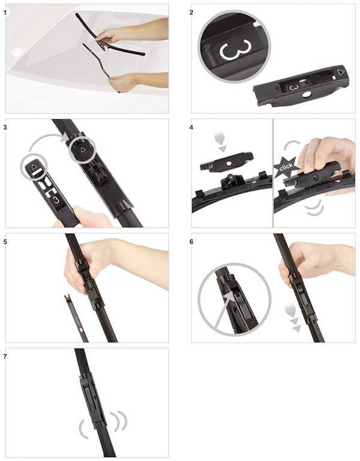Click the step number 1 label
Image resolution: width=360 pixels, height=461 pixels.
5,13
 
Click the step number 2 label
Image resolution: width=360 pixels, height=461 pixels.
191,13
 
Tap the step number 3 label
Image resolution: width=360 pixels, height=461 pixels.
5,127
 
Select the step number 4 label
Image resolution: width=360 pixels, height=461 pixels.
191,127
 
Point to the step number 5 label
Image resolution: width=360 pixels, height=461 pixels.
5,242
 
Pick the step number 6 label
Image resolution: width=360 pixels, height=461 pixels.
191,242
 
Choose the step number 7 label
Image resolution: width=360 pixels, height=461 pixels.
5,357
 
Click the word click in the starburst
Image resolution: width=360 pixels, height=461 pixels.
286,167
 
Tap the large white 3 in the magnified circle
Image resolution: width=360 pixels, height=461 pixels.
235,49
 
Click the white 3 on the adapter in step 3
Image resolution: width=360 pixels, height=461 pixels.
56,200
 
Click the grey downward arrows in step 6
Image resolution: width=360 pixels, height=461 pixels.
293,318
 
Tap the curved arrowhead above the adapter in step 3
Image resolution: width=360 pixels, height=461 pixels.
64,137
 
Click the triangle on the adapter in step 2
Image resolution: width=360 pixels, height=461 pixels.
341,72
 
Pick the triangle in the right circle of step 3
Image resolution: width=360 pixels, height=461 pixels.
83,150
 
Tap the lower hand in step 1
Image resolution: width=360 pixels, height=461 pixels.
122,83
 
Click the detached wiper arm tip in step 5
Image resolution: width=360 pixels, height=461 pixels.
68,299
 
